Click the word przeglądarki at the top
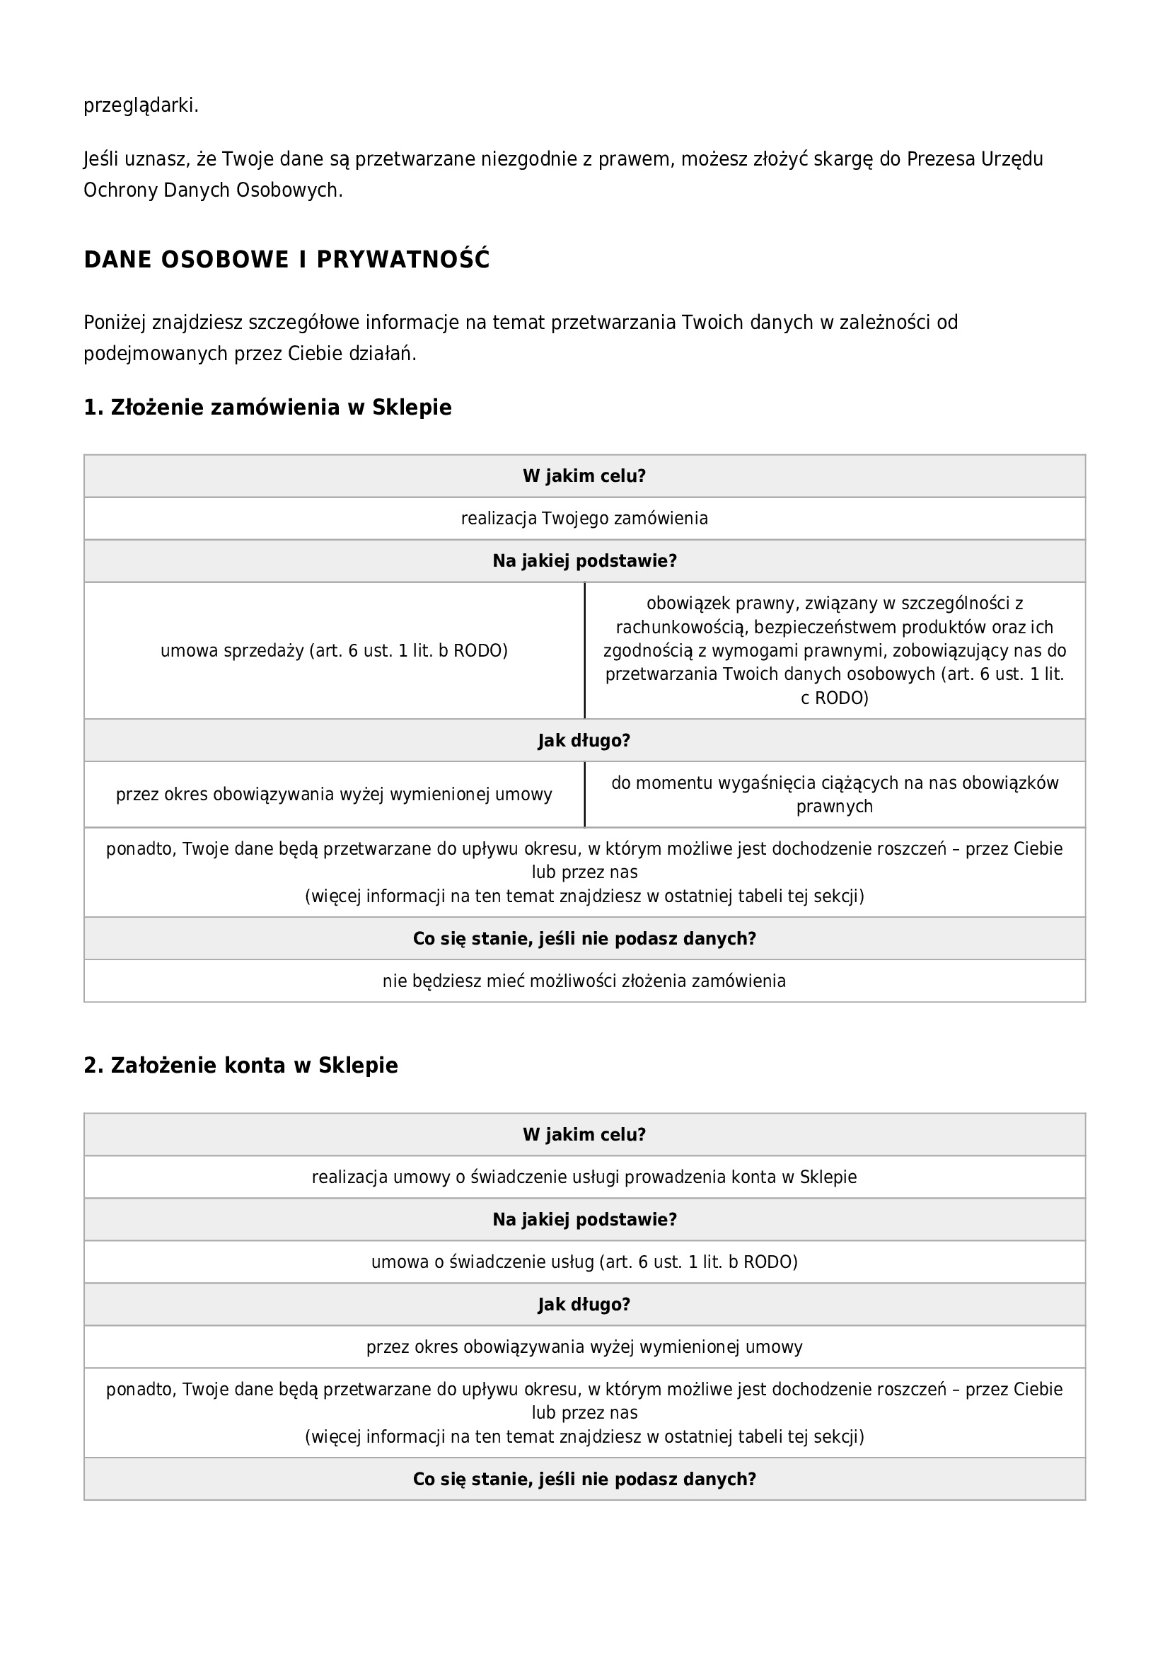pyautogui.click(x=141, y=106)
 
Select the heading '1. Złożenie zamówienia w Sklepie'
pyautogui.click(x=267, y=408)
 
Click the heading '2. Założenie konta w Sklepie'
pyautogui.click(x=241, y=1066)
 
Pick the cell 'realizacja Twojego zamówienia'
pyautogui.click(x=584, y=518)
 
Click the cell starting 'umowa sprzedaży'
pyautogui.click(x=334, y=651)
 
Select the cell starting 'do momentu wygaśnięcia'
pyautogui.click(x=834, y=795)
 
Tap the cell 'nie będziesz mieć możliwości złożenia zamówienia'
pyautogui.click(x=584, y=981)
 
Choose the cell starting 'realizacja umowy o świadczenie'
pyautogui.click(x=584, y=1177)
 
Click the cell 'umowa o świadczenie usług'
pyautogui.click(x=584, y=1262)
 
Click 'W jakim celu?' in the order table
pyautogui.click(x=584, y=476)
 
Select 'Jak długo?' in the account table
pyautogui.click(x=584, y=1305)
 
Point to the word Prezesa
pyautogui.click(x=941, y=158)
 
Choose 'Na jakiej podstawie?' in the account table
pyautogui.click(x=584, y=1220)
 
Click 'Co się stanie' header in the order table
pyautogui.click(x=584, y=938)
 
